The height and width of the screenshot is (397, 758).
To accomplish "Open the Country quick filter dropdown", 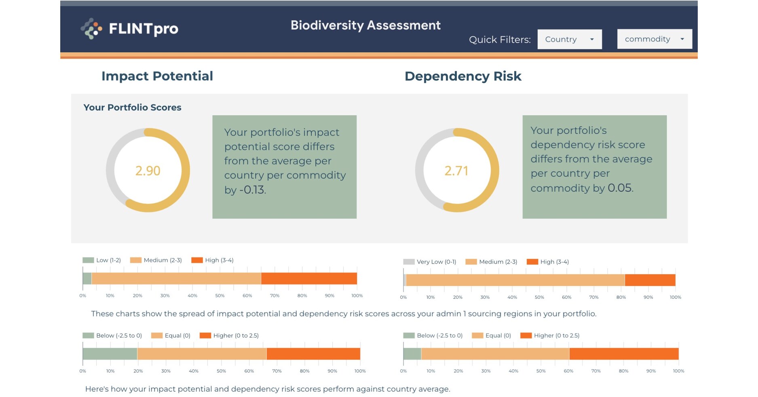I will [569, 39].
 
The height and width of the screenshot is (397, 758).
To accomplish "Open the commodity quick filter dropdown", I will [654, 39].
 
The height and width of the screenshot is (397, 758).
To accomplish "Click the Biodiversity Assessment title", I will [365, 25].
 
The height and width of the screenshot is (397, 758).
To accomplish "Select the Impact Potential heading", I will [157, 76].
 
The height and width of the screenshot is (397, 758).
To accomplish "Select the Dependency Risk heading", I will [463, 76].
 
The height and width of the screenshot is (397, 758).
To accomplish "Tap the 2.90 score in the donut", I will [148, 171].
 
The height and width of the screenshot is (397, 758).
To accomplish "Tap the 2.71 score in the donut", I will [456, 171].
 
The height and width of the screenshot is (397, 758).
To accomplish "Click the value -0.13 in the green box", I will [252, 190].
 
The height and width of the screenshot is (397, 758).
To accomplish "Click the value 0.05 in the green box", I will [620, 188].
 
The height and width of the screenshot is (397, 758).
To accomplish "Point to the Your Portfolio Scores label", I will [132, 108].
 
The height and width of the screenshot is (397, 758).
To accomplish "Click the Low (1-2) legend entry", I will [102, 260].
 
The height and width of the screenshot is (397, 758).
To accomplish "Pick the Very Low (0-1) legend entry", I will [430, 262].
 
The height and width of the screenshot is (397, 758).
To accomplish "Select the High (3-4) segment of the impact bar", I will [309, 279].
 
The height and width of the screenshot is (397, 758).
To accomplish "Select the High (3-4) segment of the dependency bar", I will [650, 280].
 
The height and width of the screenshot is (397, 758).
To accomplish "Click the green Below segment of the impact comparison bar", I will [110, 354].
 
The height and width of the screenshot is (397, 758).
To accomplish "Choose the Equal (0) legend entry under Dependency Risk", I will [492, 336].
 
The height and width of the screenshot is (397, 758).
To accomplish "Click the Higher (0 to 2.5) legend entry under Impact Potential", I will [229, 336].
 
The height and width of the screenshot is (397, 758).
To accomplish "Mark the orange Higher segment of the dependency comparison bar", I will [624, 354].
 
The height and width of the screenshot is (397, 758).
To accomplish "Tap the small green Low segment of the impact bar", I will [87, 279].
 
